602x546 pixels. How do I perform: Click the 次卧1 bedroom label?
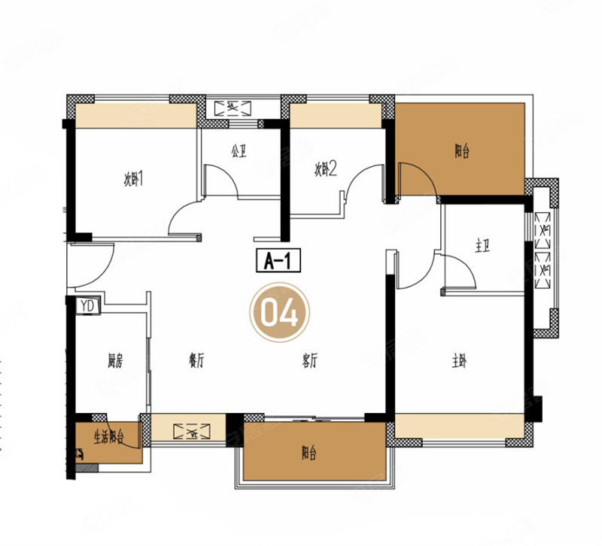coord(133,179)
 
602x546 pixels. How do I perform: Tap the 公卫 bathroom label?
coord(239,151)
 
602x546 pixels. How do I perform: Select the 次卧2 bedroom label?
coord(326,169)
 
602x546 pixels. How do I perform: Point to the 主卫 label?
coord(482,246)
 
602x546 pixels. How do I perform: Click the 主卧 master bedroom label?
coord(459,362)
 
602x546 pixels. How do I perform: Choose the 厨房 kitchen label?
coord(115,362)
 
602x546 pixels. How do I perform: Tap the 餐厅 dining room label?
coord(196,361)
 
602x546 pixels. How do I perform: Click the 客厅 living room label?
coord(310,361)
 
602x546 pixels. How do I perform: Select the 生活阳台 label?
coord(109,437)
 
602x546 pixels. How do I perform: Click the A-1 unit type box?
coord(278,261)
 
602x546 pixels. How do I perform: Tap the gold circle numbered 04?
coord(279,312)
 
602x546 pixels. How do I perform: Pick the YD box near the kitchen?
coord(88,306)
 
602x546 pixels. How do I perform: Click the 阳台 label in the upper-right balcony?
coord(462,151)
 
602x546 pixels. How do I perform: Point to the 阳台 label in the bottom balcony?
coord(309,454)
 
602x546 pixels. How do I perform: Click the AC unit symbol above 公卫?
coord(233,108)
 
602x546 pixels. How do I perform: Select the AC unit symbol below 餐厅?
coord(192,432)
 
